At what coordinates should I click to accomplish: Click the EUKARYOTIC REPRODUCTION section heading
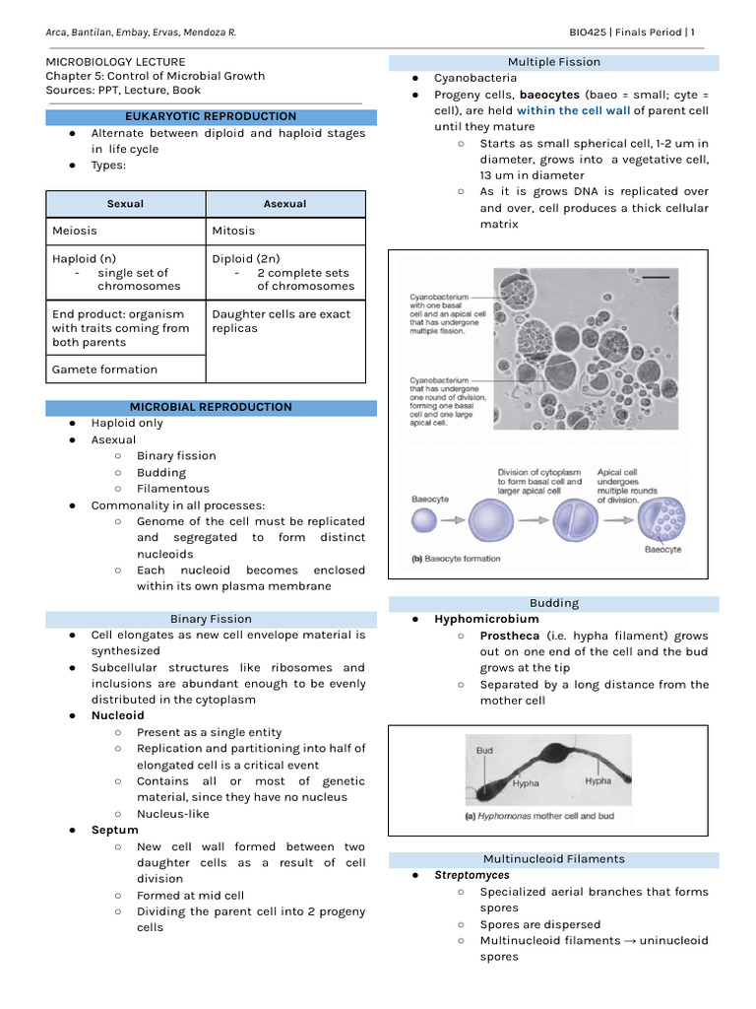point(212,116)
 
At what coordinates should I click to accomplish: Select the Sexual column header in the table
point(125,204)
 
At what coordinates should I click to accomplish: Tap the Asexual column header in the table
point(284,204)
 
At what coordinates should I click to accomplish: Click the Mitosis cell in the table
point(233,231)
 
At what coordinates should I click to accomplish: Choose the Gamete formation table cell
point(104,370)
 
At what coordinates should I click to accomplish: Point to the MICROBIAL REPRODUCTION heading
point(212,407)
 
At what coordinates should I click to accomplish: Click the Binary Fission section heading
point(211,619)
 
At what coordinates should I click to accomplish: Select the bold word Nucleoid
point(117,715)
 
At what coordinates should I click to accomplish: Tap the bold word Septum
point(114,830)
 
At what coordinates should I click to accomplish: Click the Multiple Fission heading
point(553,62)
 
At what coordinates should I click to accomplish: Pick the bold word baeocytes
point(549,95)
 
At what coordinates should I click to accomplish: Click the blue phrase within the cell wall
point(573,110)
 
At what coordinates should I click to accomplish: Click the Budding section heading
point(553,603)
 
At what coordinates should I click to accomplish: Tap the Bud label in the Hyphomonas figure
point(484,751)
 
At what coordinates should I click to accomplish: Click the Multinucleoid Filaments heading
point(553,859)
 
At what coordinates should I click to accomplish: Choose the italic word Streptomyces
point(472,875)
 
